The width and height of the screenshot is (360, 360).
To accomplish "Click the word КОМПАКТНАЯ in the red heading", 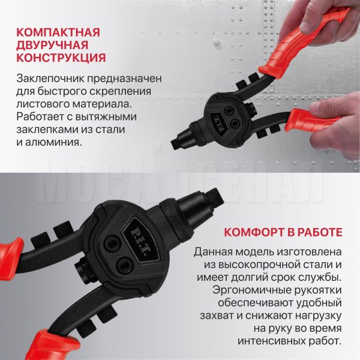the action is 58,32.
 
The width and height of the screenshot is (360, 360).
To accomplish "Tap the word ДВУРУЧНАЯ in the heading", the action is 52,45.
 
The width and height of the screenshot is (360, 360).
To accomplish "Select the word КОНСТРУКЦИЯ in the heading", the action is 61,58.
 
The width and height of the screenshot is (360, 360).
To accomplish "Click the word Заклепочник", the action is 50,79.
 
